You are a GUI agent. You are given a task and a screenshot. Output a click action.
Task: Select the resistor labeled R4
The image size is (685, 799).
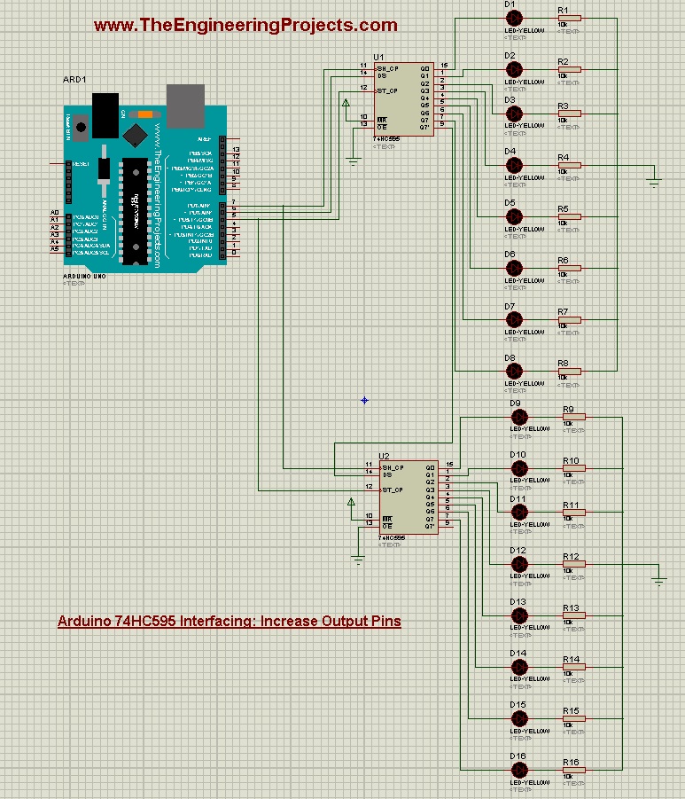pos(568,166)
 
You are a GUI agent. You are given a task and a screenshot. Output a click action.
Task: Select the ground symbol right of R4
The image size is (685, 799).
pos(654,182)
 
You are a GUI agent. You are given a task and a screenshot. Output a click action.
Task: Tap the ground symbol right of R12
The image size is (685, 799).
pos(658,580)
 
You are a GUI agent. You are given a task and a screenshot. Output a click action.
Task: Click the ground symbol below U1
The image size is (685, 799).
pos(353,161)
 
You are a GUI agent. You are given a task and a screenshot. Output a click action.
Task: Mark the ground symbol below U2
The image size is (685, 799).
pos(358,558)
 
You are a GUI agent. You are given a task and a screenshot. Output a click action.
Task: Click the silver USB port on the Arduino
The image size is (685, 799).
pos(185,106)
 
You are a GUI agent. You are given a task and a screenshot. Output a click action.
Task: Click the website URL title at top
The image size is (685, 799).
pos(245,26)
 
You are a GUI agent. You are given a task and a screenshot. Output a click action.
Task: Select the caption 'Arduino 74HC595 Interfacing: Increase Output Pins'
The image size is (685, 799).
pos(230,621)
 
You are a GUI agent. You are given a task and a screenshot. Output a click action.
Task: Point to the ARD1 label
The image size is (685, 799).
pos(74,80)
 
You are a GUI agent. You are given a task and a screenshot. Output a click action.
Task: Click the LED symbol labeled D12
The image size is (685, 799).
pos(520,565)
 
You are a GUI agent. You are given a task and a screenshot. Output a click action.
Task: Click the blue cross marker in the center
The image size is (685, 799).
pos(364,400)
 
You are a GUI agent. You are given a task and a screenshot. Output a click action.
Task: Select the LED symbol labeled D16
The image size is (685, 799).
pos(520,771)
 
